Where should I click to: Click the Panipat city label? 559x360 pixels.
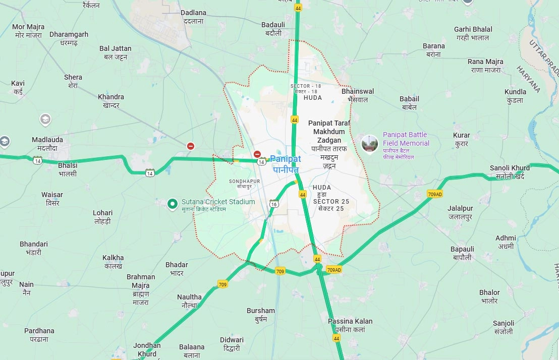click(286, 164)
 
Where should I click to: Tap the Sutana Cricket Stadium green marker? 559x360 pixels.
click(173, 204)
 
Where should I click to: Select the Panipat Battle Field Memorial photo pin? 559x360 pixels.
click(370, 143)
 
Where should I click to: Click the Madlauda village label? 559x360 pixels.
click(47, 144)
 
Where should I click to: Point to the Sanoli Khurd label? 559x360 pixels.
click(510, 171)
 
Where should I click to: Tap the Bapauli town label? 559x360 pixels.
click(462, 253)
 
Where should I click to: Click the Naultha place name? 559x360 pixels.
click(189, 301)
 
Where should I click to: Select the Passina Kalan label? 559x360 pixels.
click(350, 325)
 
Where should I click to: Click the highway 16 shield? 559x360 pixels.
click(274, 203)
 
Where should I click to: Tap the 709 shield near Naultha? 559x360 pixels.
click(222, 284)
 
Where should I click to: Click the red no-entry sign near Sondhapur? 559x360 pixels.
click(257, 154)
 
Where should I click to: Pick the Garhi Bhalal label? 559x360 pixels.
click(473, 33)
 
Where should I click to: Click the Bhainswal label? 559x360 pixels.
click(358, 95)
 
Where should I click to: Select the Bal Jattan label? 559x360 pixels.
click(115, 52)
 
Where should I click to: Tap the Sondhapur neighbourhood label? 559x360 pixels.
click(244, 183)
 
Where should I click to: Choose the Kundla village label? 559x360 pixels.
click(515, 96)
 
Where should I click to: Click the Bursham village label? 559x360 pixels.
click(261, 315)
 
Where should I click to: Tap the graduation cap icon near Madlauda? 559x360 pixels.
click(45, 119)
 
